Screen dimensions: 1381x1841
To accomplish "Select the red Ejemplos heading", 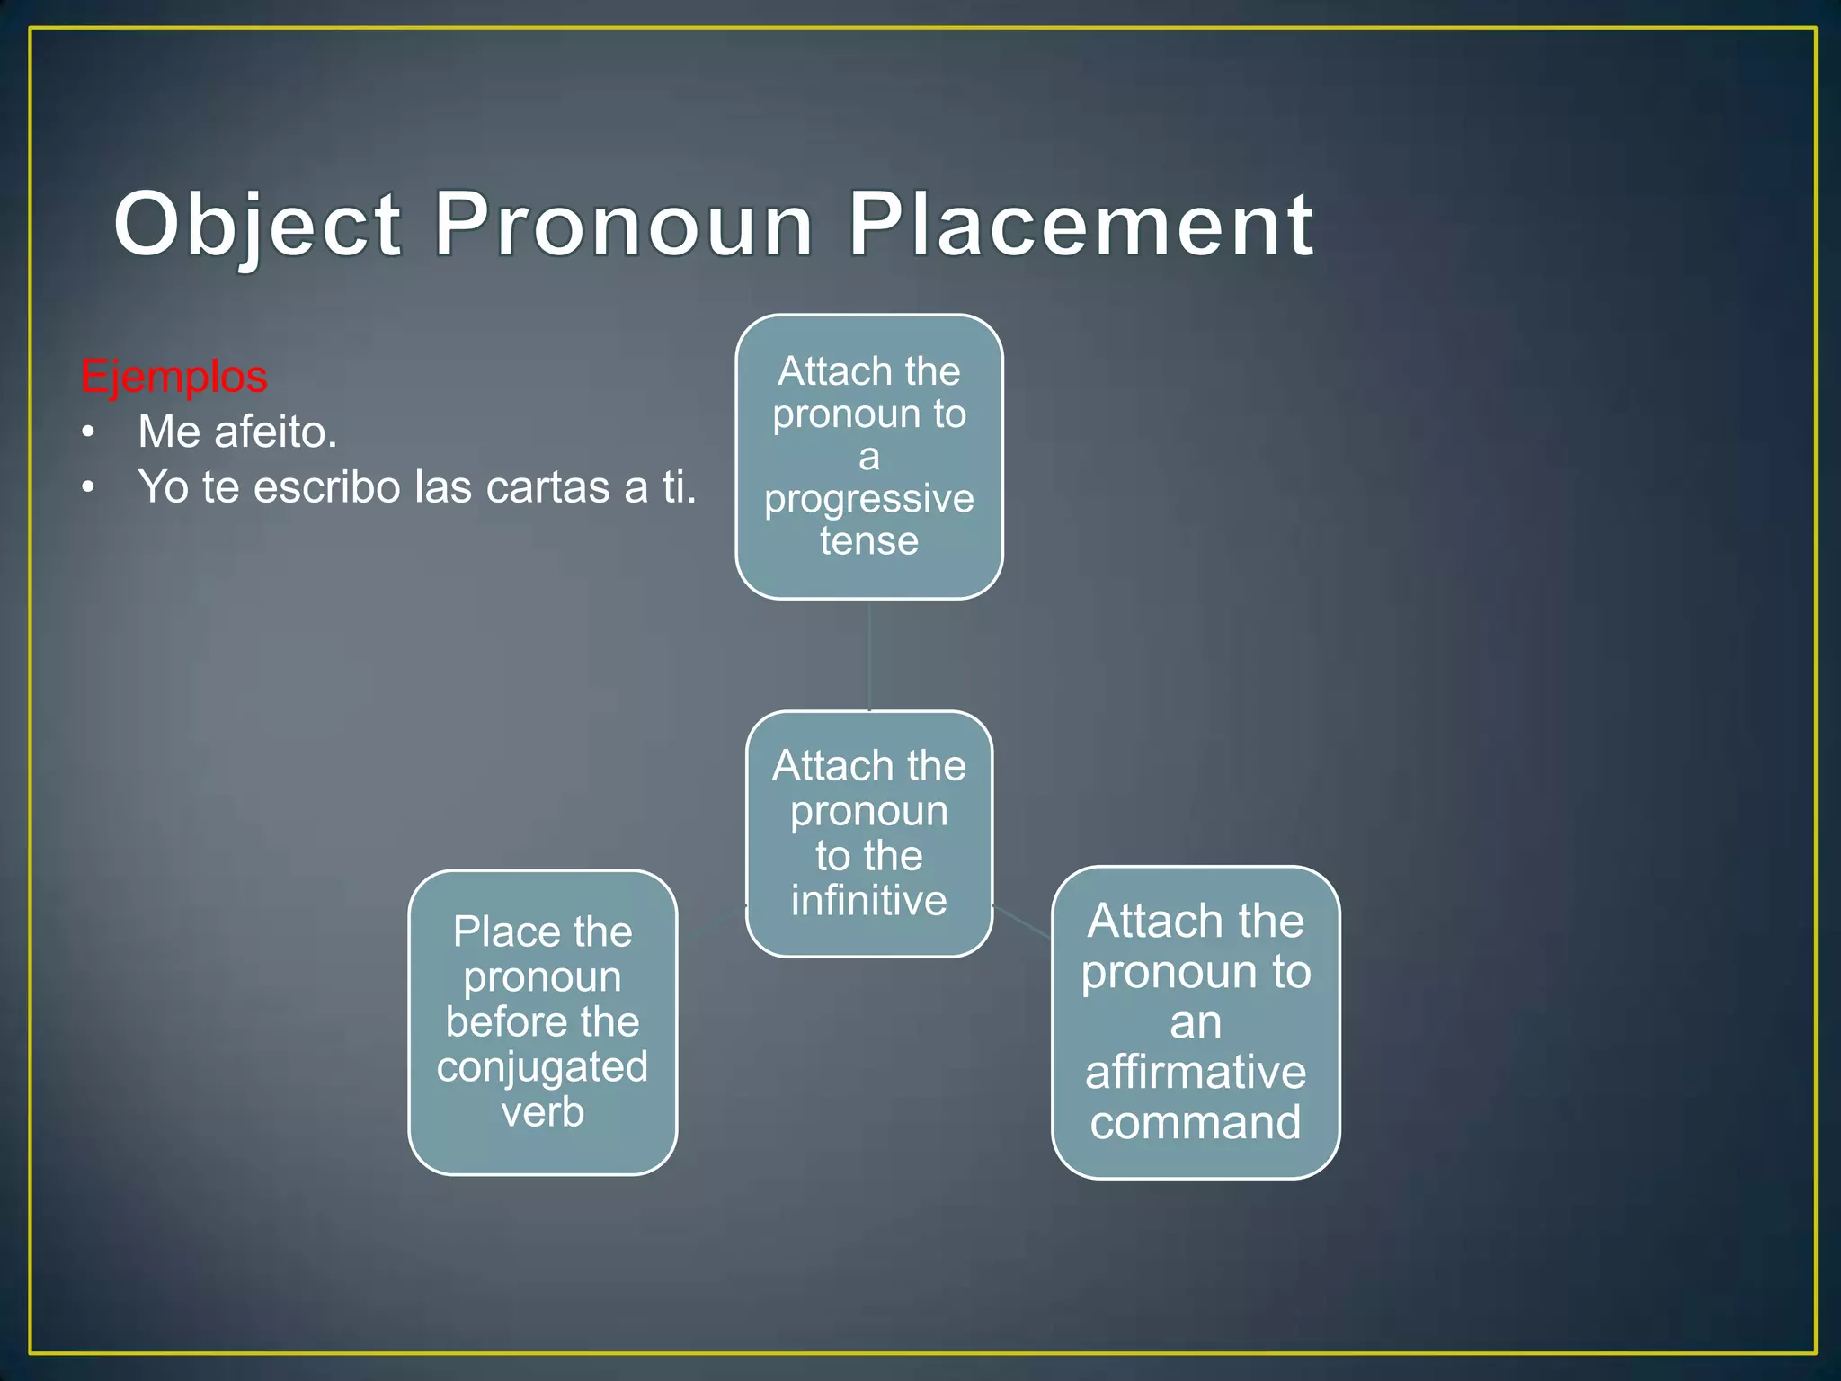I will pyautogui.click(x=173, y=376).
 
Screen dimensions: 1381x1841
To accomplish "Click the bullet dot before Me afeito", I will pyautogui.click(x=87, y=432).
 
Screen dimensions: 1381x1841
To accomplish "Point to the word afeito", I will pyautogui.click(x=275, y=432).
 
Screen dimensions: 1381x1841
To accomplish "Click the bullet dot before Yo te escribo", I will pyautogui.click(x=87, y=488).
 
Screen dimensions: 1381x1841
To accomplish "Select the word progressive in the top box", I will pyautogui.click(x=868, y=499).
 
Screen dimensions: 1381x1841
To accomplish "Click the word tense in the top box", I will pyautogui.click(x=868, y=541).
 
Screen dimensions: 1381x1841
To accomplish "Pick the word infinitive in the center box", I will pyautogui.click(x=868, y=900).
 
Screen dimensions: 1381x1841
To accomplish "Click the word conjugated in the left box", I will pyautogui.click(x=542, y=1067).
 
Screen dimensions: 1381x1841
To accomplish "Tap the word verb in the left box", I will pyautogui.click(x=542, y=1112).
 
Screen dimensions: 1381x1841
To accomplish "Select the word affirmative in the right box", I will pyautogui.click(x=1195, y=1072).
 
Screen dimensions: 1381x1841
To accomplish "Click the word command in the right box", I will pyautogui.click(x=1195, y=1122).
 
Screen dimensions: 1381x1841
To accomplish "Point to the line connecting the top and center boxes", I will pyautogui.click(x=869, y=655).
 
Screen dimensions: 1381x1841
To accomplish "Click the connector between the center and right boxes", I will pyautogui.click(x=1022, y=922).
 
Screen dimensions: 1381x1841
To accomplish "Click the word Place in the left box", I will pyautogui.click(x=497, y=931).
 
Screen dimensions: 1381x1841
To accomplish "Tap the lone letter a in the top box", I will pyautogui.click(x=868, y=457).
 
